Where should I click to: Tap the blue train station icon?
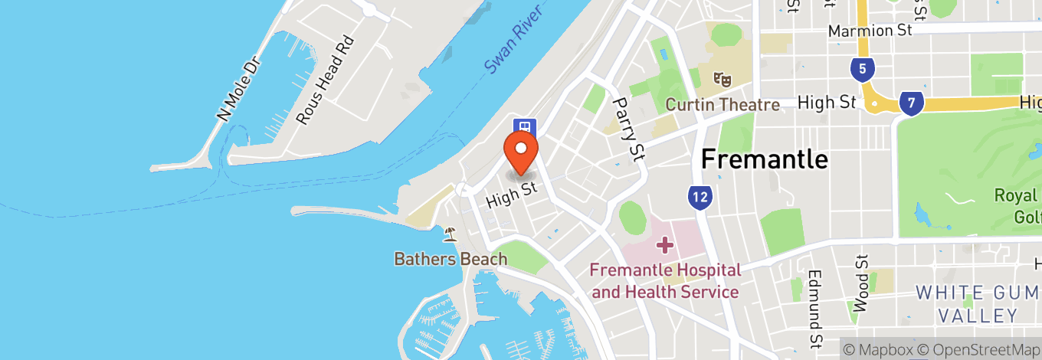525,126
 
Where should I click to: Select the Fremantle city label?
765,159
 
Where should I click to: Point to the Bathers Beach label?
451,259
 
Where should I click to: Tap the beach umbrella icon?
450,234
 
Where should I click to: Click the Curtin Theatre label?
723,104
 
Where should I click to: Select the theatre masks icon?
720,78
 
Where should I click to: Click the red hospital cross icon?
664,246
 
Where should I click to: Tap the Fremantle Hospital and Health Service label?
665,281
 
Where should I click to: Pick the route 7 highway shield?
911,103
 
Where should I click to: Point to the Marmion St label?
871,31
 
